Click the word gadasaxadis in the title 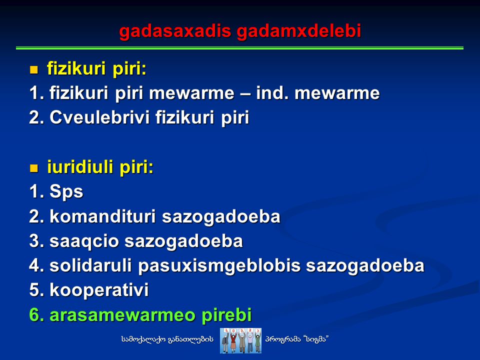pyautogui.click(x=175, y=31)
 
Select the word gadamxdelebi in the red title pyautogui.click(x=299, y=31)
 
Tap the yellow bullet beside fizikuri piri pyautogui.click(x=33, y=69)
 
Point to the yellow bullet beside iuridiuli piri pyautogui.click(x=33, y=168)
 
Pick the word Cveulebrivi pyautogui.click(x=99, y=117)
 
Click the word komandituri pyautogui.click(x=103, y=216)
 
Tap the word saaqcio pyautogui.click(x=84, y=241)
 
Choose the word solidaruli pyautogui.click(x=90, y=265)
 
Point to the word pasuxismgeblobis pyautogui.click(x=219, y=266)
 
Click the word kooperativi pyautogui.click(x=99, y=290)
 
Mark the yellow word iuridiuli pyautogui.click(x=80, y=167)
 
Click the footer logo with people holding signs pyautogui.click(x=240, y=340)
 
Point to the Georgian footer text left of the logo pyautogui.click(x=167, y=339)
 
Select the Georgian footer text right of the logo pyautogui.click(x=297, y=339)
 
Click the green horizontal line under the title pyautogui.click(x=239, y=48)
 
